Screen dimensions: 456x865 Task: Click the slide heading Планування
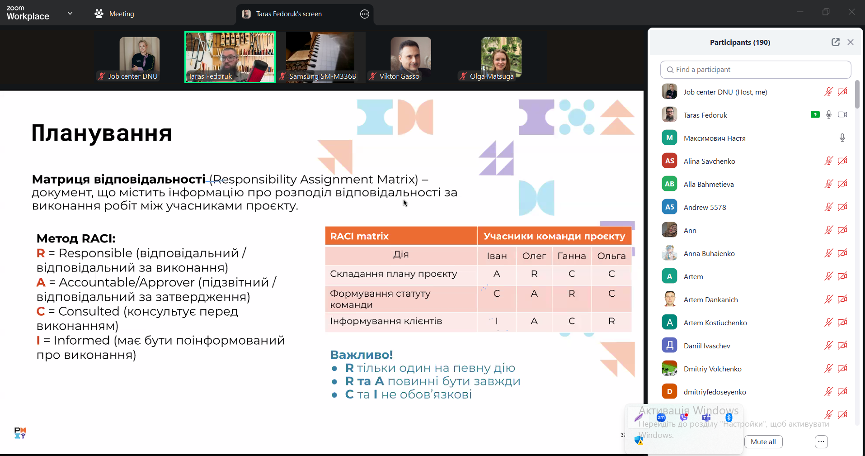tap(102, 133)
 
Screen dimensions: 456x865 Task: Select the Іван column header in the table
tap(496, 256)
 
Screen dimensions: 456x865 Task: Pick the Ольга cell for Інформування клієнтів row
tap(611, 321)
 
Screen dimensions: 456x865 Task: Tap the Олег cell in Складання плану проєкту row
tap(534, 274)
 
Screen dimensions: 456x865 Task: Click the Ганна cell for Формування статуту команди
tap(571, 294)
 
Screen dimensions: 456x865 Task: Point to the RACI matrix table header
tap(359, 236)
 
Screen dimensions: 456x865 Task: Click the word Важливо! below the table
tap(362, 355)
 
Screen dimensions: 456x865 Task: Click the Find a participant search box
tap(755, 70)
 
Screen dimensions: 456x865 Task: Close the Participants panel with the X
tap(850, 42)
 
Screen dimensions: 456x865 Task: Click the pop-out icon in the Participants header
tap(835, 42)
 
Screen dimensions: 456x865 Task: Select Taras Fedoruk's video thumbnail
tap(230, 57)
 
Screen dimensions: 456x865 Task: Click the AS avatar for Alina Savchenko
tap(669, 161)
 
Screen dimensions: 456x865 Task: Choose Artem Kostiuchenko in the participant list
tap(715, 323)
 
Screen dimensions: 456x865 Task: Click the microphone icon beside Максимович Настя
tap(842, 138)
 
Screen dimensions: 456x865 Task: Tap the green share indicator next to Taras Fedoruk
tap(815, 115)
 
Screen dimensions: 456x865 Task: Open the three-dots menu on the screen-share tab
tap(364, 14)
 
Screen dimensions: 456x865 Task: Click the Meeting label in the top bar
tap(121, 14)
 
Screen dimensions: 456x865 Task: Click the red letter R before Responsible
tap(41, 253)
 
